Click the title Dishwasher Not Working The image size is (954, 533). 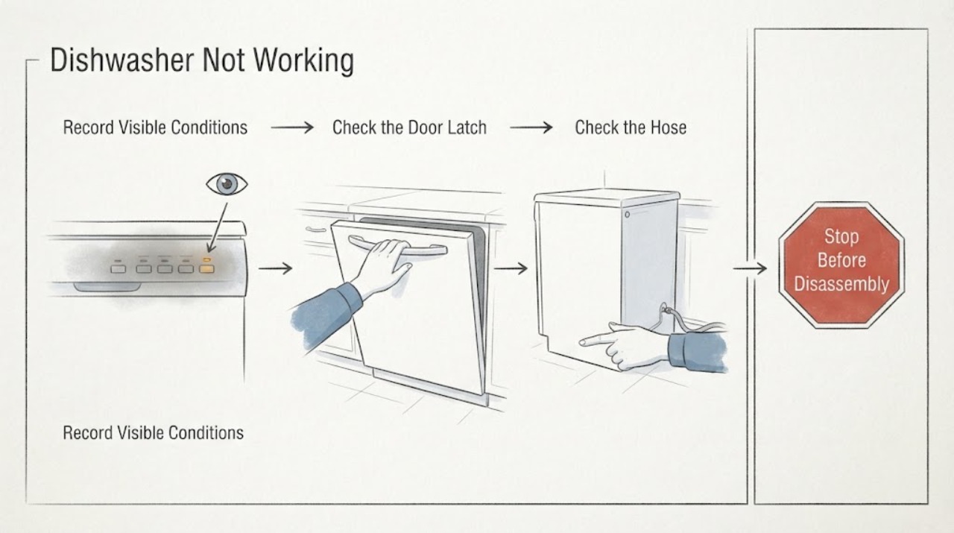point(202,60)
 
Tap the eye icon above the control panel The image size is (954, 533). point(227,183)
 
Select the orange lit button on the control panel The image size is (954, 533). point(207,269)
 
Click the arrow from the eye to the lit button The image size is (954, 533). point(218,227)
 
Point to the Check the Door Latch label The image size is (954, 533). point(409,127)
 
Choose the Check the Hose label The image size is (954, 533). point(631,127)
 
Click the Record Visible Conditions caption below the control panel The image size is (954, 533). point(154,432)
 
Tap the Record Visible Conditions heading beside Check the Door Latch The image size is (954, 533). point(155,127)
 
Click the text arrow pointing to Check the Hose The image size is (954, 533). point(531,127)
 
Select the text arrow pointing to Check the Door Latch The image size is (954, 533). point(292,127)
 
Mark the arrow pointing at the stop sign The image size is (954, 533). point(750,268)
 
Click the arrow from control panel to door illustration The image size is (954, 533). point(276,268)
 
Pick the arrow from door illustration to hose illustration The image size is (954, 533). point(511,268)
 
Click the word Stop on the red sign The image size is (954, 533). point(841,236)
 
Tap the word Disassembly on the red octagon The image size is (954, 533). point(841,284)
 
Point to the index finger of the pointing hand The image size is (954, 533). point(596,340)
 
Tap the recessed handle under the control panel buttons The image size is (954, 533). point(107,287)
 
